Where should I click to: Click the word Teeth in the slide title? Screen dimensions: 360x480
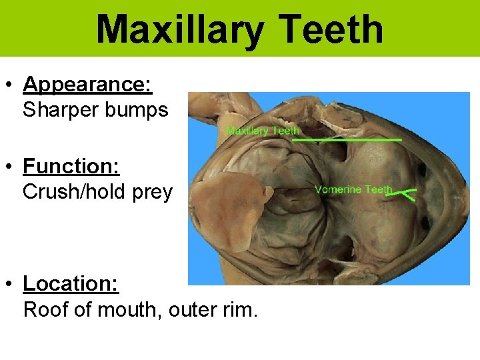point(331,30)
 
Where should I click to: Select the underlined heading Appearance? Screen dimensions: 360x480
point(87,85)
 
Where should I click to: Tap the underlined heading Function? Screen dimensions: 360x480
point(71,166)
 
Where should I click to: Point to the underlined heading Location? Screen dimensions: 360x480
point(71,283)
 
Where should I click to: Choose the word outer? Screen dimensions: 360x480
point(192,310)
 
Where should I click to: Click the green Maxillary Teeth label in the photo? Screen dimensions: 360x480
point(263,131)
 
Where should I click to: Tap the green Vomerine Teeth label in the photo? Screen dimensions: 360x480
point(353,189)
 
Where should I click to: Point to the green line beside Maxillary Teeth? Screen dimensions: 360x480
point(347,140)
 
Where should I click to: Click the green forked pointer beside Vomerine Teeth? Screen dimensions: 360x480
point(404,195)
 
